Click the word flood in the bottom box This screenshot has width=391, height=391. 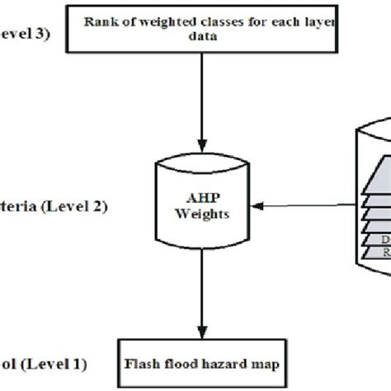click(x=180, y=361)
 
